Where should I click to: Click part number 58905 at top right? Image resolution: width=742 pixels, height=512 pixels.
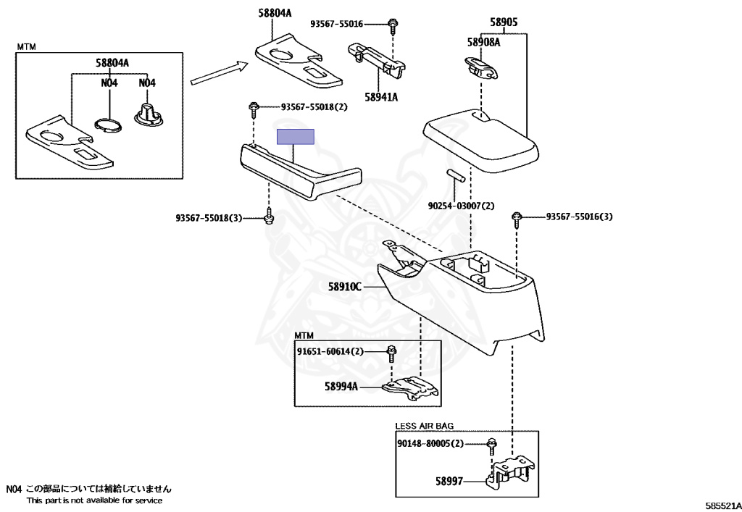[x=504, y=22]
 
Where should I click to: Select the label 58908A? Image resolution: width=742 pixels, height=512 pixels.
[x=483, y=43]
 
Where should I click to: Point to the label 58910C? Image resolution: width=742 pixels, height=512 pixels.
[x=345, y=287]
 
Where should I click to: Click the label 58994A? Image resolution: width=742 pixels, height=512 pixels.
[x=341, y=387]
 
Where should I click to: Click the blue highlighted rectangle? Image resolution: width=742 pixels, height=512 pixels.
[x=296, y=138]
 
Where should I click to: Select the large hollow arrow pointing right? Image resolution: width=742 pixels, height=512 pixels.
[x=219, y=73]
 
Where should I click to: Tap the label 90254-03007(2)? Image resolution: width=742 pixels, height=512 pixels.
[x=460, y=206]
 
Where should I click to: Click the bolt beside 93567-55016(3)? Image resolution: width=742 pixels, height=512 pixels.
[x=517, y=217]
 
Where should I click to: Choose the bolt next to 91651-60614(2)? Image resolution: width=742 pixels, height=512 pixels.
[x=391, y=352]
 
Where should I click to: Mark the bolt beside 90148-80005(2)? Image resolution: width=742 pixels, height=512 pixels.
[x=491, y=443]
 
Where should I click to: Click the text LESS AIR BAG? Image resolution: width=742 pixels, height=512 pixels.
[x=424, y=426]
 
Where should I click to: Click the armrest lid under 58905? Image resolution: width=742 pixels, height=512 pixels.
[x=482, y=141]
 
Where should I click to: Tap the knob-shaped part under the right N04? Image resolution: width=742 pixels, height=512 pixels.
[x=147, y=116]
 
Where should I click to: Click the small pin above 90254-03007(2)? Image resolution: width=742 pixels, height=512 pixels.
[x=455, y=177]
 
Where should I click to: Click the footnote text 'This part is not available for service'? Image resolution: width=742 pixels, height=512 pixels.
[x=94, y=500]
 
